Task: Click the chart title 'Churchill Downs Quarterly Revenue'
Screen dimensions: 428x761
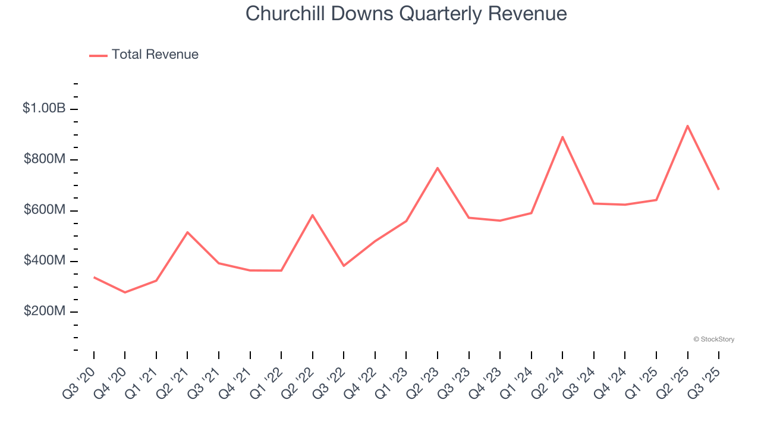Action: pos(406,14)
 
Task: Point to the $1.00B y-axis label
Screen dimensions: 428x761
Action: pos(44,108)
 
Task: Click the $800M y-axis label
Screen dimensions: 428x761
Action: pos(45,159)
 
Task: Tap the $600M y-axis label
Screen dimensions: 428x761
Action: pos(45,210)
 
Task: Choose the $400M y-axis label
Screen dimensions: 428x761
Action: pos(45,260)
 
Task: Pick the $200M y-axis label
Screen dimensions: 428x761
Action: pos(45,311)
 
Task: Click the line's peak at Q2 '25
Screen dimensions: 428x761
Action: pos(687,126)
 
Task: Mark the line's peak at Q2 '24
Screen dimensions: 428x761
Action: pos(562,137)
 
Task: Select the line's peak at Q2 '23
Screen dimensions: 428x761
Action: pos(438,168)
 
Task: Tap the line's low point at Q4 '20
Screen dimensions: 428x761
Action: pos(125,292)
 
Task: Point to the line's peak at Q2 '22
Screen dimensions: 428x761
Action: pos(313,215)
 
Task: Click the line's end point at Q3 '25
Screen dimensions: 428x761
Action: pos(719,189)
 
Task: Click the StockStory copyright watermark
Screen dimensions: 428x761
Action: pos(713,339)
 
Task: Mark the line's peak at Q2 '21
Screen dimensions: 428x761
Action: pos(187,232)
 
